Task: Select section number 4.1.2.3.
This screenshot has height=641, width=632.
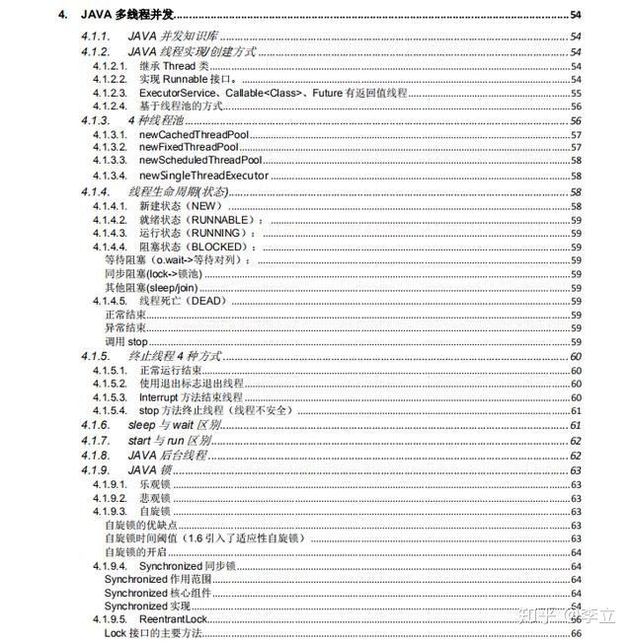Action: coord(111,92)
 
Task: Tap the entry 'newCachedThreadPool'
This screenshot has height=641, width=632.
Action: coord(191,134)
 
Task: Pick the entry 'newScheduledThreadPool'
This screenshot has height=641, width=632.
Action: coord(200,161)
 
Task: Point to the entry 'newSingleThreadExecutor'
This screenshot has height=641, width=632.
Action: coord(203,176)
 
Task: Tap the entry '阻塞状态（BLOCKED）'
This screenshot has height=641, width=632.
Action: coord(195,247)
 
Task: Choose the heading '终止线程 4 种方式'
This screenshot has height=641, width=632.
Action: coord(175,355)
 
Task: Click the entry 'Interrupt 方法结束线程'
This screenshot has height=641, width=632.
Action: coord(197,396)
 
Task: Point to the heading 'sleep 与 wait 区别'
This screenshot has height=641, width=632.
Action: coord(175,424)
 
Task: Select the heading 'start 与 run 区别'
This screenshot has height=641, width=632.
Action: coord(169,440)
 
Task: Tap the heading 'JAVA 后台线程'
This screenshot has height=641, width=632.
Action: coord(164,455)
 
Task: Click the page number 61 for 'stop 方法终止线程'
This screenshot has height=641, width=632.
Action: coord(576,410)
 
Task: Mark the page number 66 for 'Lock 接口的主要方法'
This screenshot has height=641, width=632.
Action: coord(576,632)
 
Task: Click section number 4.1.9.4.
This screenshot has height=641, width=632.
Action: coord(111,566)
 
